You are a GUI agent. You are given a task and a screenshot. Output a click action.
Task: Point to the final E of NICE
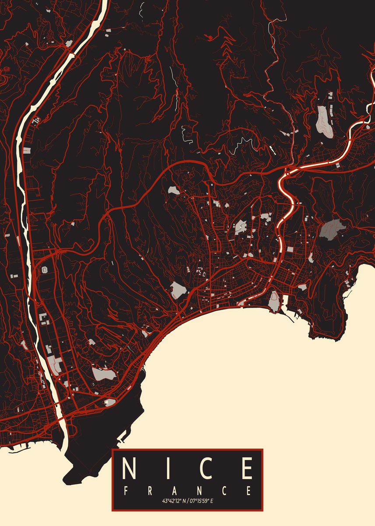pyautogui.click(x=247, y=469)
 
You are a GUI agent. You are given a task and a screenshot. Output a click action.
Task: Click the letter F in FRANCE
pyautogui.click(x=126, y=490)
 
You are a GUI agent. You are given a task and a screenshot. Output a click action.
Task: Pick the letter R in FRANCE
pyautogui.click(x=150, y=490)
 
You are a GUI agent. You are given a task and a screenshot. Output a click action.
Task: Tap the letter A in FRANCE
pyautogui.click(x=175, y=490)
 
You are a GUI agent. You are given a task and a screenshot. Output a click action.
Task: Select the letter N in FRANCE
pyautogui.click(x=200, y=490)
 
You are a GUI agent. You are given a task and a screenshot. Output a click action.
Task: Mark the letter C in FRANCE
pyautogui.click(x=224, y=490)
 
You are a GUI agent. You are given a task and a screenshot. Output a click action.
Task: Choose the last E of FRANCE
pyautogui.click(x=249, y=490)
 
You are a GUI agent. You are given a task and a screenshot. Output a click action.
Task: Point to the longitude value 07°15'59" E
pyautogui.click(x=201, y=501)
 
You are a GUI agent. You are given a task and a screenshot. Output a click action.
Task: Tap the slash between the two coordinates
pyautogui.click(x=187, y=501)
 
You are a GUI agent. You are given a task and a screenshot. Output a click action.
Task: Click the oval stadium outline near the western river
pyautogui.click(x=44, y=270)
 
